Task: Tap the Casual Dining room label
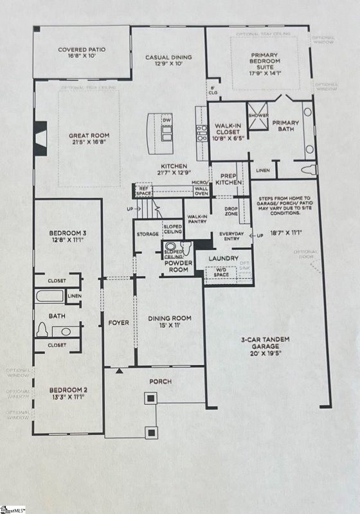(167, 60)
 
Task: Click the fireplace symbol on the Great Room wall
(40, 136)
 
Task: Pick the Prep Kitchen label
(230, 179)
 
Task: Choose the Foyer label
(118, 322)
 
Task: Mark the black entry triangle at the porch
(119, 371)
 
